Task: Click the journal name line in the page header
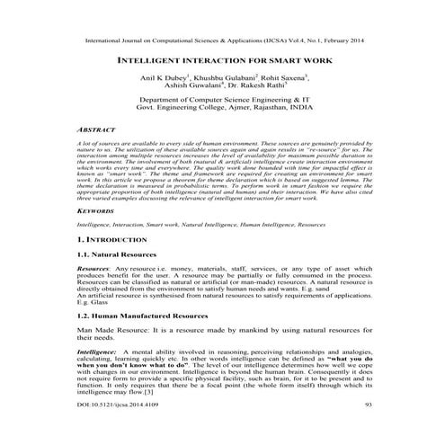222,40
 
